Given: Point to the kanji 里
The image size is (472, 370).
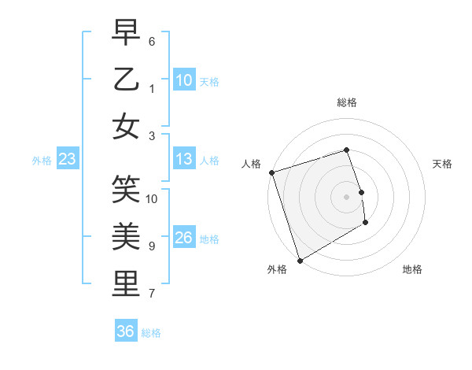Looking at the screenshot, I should click(126, 284).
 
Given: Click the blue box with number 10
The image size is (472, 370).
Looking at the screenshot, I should click(184, 80).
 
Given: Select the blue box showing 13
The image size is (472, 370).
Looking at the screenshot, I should click(184, 160).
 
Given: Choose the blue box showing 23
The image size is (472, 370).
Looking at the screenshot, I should click(68, 160).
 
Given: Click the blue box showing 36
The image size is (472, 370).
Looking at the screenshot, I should click(126, 331).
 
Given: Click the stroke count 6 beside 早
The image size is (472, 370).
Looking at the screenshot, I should click(152, 40).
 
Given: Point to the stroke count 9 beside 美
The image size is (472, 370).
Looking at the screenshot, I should click(152, 246).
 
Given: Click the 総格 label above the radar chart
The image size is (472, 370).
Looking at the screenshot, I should click(346, 102).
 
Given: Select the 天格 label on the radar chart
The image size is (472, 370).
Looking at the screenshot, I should click(442, 164).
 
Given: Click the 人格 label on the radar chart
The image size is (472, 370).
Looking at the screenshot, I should click(251, 164).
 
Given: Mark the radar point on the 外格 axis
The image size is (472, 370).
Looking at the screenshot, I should click(299, 261).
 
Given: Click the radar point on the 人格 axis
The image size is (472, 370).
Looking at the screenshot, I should click(271, 172).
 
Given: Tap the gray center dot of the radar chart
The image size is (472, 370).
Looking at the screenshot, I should click(346, 197).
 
